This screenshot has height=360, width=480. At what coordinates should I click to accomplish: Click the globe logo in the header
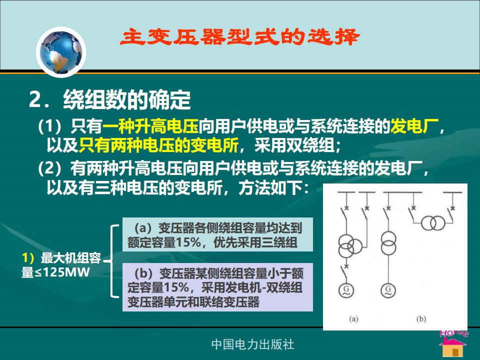(x=61, y=52)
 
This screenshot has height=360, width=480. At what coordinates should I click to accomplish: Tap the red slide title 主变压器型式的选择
(x=239, y=37)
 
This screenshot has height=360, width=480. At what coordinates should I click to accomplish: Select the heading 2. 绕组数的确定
(x=110, y=100)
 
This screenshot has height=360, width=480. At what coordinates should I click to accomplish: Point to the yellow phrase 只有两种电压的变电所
(x=158, y=145)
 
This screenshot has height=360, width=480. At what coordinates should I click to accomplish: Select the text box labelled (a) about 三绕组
(x=217, y=234)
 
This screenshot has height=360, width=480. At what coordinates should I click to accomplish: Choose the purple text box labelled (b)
(x=217, y=287)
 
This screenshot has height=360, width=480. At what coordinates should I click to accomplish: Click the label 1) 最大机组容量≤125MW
(x=61, y=265)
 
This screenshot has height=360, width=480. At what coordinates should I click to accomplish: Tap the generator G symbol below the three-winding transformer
(x=346, y=290)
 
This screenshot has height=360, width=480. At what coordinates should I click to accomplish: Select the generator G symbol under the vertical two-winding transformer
(x=388, y=290)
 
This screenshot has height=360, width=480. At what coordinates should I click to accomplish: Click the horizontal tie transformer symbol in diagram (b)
(x=433, y=223)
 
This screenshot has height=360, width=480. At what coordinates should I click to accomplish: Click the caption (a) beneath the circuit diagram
(x=353, y=319)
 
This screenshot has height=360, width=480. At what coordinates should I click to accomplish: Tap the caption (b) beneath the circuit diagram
(x=421, y=319)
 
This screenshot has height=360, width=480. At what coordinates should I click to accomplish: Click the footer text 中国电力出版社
(x=253, y=344)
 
